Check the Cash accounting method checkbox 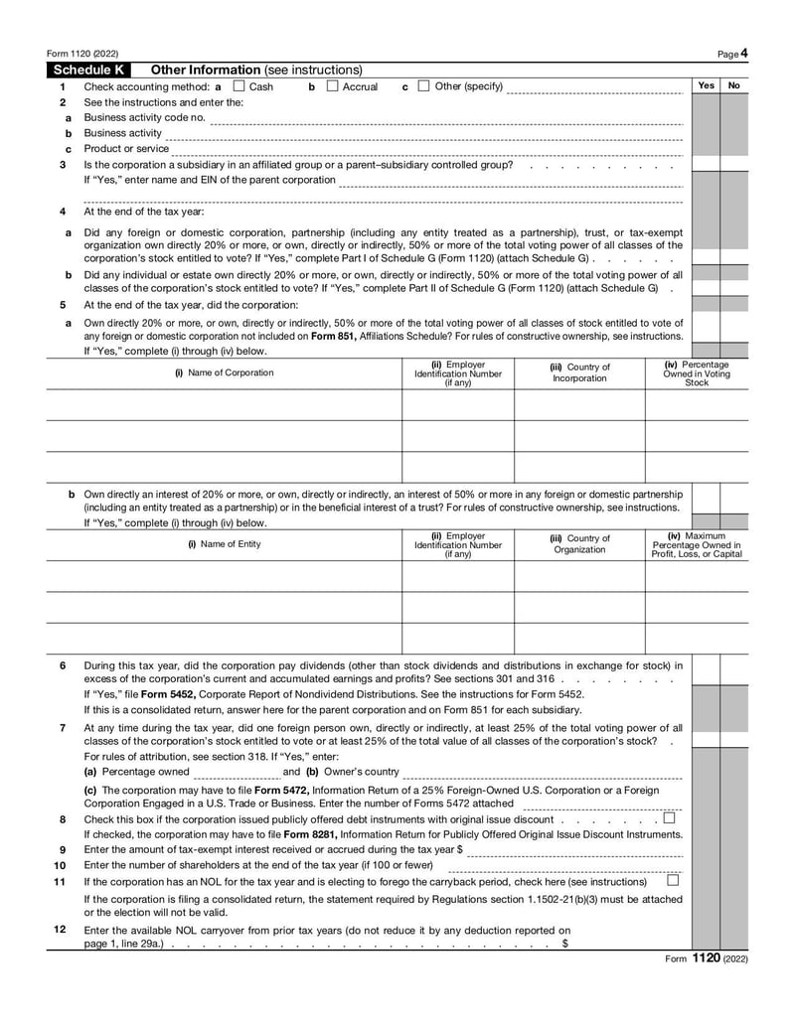238,86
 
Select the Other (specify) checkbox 424,86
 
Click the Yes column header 706,86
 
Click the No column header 734,86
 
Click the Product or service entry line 427,150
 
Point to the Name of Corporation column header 225,372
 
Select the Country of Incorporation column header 579,372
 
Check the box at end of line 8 669,818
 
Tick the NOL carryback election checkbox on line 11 673,880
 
